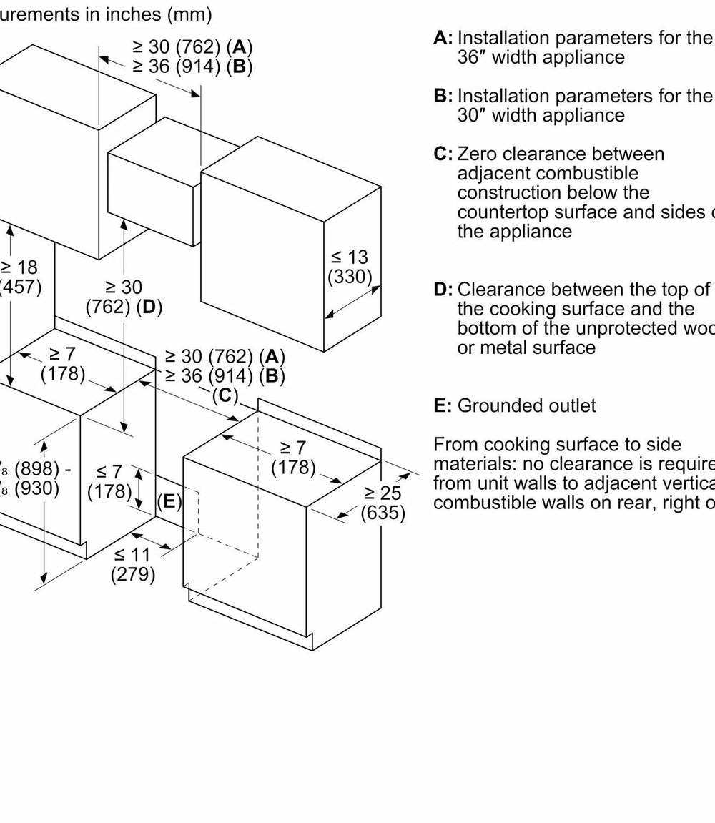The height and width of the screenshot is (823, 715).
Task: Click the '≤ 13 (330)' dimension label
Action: [x=350, y=267]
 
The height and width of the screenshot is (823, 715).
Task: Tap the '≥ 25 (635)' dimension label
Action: [x=383, y=503]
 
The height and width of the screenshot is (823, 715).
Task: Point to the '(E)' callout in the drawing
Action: [x=169, y=501]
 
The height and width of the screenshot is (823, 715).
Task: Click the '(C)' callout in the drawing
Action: [x=225, y=395]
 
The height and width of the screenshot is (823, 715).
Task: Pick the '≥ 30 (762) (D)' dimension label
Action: [x=124, y=297]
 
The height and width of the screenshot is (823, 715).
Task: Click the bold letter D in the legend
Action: [x=443, y=290]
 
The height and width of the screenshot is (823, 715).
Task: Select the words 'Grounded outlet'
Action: [x=526, y=406]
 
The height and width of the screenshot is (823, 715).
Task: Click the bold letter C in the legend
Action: [x=443, y=154]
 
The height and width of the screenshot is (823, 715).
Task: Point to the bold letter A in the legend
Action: [x=443, y=38]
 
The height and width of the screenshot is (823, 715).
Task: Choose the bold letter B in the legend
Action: [x=443, y=96]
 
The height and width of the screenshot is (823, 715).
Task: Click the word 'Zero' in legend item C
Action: [x=477, y=154]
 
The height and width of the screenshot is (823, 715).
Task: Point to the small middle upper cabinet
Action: [x=153, y=179]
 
